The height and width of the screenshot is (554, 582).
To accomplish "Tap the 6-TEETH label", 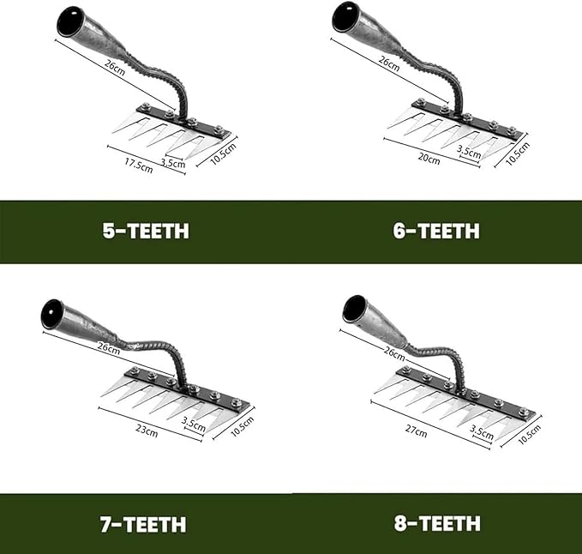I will click(436, 231).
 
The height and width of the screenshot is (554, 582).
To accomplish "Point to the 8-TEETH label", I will click(436, 522).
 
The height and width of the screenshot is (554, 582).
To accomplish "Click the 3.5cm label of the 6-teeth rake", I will click(468, 152).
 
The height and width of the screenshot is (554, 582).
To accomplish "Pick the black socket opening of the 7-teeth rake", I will click(54, 311).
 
